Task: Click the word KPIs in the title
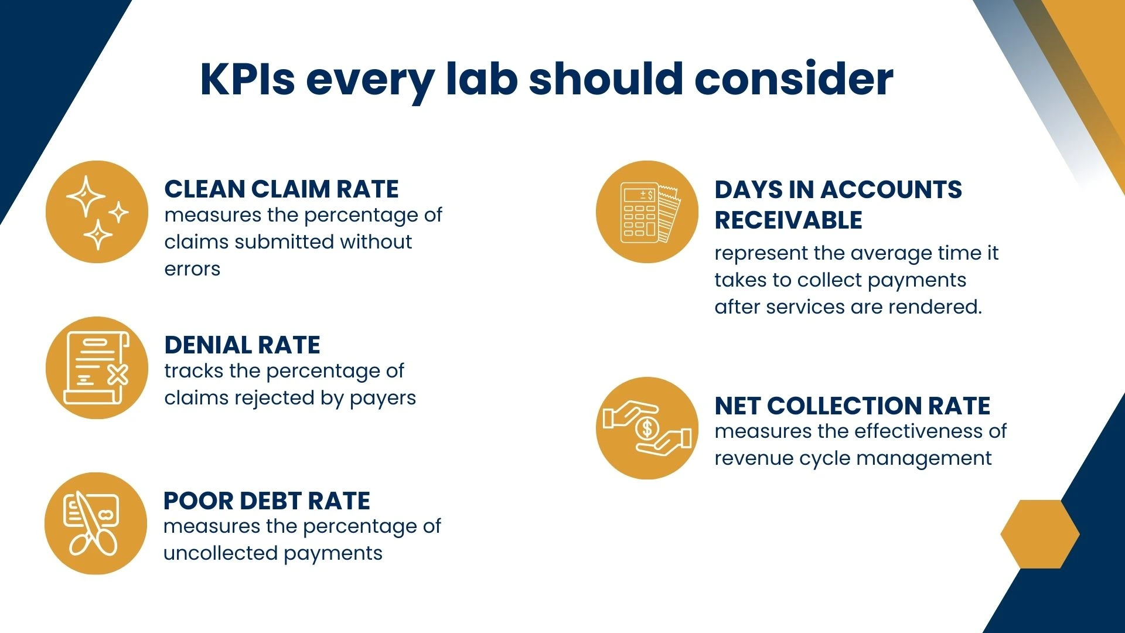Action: pos(248,79)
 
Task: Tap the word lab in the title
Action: pos(482,79)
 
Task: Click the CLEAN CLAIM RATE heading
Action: pos(281,189)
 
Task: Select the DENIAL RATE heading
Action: pos(242,345)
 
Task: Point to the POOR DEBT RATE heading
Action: pos(267,501)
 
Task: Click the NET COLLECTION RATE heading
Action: pos(852,406)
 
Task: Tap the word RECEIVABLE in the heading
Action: pos(788,220)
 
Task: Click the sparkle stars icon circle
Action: pos(97,212)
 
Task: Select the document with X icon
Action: pos(97,368)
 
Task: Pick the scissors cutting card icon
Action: pos(96,523)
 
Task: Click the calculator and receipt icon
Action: pos(647,212)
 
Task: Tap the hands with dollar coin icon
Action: pos(647,428)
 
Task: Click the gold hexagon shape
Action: pos(1040,534)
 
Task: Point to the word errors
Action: pos(192,269)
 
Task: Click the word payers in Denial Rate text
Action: pos(383,399)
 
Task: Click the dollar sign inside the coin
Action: pos(647,428)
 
